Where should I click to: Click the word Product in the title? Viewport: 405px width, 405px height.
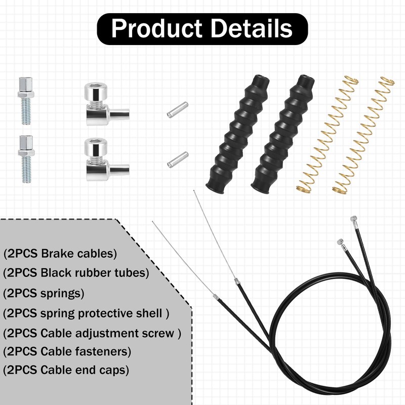(x=156, y=28)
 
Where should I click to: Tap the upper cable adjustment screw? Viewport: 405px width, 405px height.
(x=26, y=101)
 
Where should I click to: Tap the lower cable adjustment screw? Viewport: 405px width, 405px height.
(x=26, y=159)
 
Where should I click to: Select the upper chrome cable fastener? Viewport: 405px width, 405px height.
(x=105, y=105)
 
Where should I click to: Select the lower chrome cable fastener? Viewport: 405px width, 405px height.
(x=105, y=159)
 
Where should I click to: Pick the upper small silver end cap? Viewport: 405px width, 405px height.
(x=178, y=110)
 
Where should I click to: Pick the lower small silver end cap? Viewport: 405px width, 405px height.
(x=178, y=159)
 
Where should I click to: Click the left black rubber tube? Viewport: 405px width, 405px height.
(x=237, y=134)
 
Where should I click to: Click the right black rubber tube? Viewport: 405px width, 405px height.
(x=282, y=134)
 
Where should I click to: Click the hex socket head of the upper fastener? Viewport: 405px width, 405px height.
(x=96, y=91)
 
